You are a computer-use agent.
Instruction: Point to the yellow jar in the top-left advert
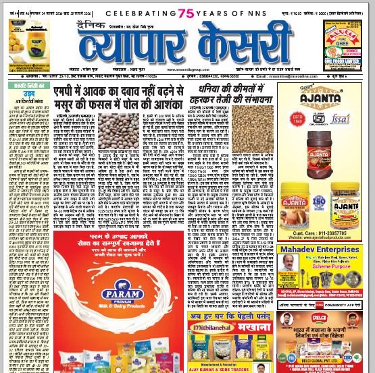pos(22,47)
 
